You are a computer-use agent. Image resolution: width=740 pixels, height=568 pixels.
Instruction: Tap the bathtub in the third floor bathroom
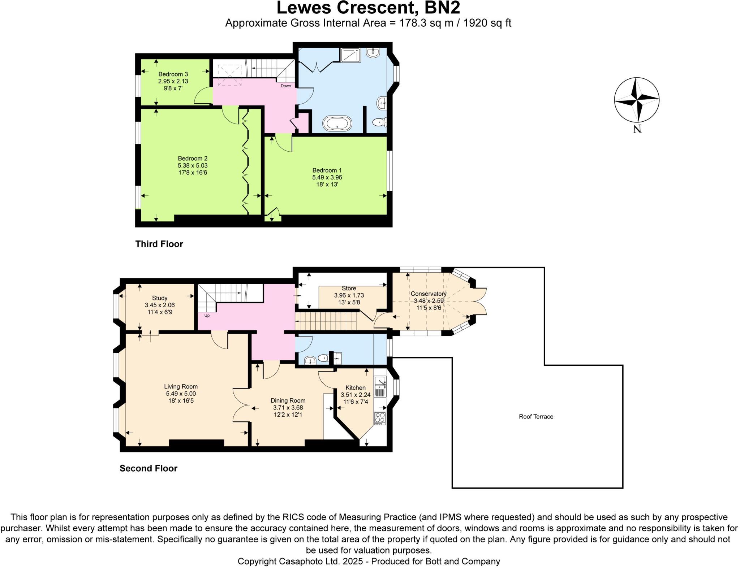pos(337,123)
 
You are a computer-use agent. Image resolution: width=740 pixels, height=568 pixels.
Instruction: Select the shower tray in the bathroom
pos(350,55)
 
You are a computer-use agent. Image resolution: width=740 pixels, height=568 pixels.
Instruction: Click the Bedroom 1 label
pos(327,170)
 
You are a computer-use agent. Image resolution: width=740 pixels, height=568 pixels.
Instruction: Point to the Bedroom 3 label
pos(173,74)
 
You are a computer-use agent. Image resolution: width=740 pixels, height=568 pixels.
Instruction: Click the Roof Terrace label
pos(536,417)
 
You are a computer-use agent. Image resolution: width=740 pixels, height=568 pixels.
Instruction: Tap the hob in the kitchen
pos(380,418)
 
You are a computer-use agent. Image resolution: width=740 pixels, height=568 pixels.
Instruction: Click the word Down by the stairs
pos(286,86)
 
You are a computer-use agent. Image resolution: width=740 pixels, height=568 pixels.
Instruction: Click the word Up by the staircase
pos(207,315)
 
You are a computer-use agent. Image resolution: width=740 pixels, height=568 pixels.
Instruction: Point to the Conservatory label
pos(429,294)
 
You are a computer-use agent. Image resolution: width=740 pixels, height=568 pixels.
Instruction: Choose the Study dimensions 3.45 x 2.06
pos(160,305)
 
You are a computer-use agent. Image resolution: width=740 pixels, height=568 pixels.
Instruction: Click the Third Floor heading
pos(159,244)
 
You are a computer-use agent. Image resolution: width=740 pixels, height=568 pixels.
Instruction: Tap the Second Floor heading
pos(149,468)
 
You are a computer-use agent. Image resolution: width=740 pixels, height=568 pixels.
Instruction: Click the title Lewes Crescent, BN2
pos(368,8)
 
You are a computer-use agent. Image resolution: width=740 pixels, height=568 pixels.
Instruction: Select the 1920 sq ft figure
pos(487,23)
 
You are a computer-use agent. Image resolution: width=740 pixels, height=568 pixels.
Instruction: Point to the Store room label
pos(349,289)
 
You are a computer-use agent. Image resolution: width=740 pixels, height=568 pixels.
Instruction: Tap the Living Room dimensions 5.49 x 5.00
pos(181,394)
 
